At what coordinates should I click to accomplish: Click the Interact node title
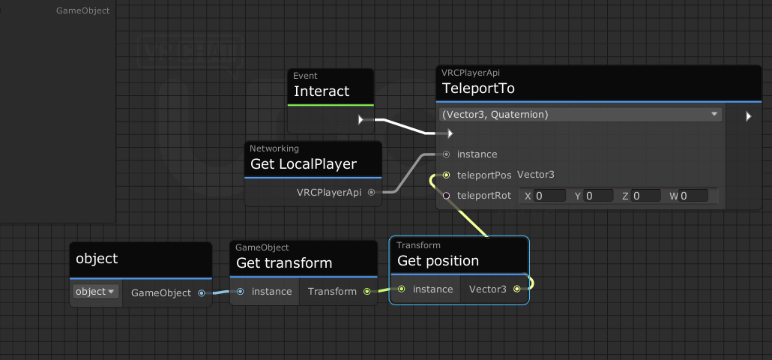click(x=322, y=91)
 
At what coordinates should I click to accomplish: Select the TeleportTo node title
click(x=478, y=88)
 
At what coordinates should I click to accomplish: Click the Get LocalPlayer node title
click(x=304, y=163)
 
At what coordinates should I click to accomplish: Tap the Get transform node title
click(x=284, y=263)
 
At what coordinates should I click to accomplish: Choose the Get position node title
click(x=438, y=260)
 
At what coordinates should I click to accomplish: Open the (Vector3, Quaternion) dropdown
click(x=580, y=114)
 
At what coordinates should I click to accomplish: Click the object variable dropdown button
click(x=95, y=292)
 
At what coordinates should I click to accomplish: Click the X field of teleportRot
click(x=549, y=196)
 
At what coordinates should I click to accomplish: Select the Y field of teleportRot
click(x=598, y=196)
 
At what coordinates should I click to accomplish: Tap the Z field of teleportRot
click(x=645, y=196)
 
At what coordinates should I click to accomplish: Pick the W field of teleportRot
click(x=693, y=196)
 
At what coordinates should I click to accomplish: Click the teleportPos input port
click(x=446, y=175)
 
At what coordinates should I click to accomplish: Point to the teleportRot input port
click(x=446, y=196)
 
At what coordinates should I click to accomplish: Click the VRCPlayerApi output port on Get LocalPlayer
click(x=371, y=193)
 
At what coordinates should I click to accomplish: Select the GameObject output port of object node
click(x=202, y=293)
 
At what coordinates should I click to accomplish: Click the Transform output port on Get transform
click(x=367, y=292)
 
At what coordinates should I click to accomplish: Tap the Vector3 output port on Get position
click(x=516, y=289)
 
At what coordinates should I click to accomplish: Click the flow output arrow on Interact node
click(x=361, y=120)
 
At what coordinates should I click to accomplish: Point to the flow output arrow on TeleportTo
click(x=748, y=116)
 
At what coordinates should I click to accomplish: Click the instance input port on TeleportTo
click(x=446, y=154)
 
